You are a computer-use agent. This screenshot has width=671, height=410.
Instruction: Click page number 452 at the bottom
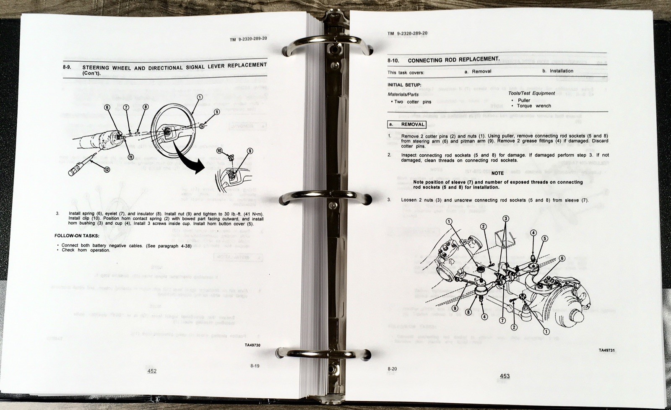[x=152, y=371]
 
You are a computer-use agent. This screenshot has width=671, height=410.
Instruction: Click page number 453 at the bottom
[x=505, y=376]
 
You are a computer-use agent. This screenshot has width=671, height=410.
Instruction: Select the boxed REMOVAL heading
[x=407, y=125]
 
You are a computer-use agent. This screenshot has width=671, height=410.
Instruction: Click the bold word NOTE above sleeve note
[x=497, y=173]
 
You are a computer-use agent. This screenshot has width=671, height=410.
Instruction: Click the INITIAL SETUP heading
[x=404, y=85]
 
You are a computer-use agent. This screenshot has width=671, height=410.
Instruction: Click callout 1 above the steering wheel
[x=199, y=97]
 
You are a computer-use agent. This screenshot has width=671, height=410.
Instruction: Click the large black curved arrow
[x=187, y=161]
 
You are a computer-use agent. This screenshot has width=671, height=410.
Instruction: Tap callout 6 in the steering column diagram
[x=107, y=107]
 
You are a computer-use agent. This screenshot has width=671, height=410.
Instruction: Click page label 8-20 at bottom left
[x=392, y=368]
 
